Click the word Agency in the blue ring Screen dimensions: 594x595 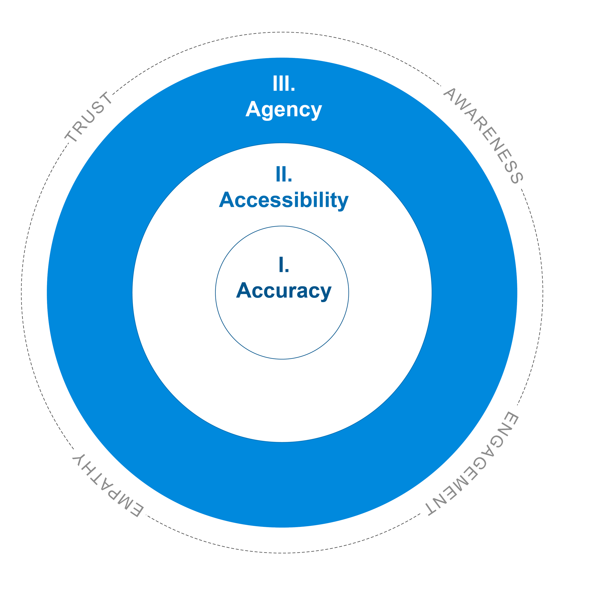(x=284, y=110)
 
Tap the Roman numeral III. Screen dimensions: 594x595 (x=284, y=83)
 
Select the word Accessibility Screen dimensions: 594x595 (x=284, y=201)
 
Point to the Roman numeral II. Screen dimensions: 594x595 (x=284, y=174)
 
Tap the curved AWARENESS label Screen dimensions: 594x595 (x=483, y=136)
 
